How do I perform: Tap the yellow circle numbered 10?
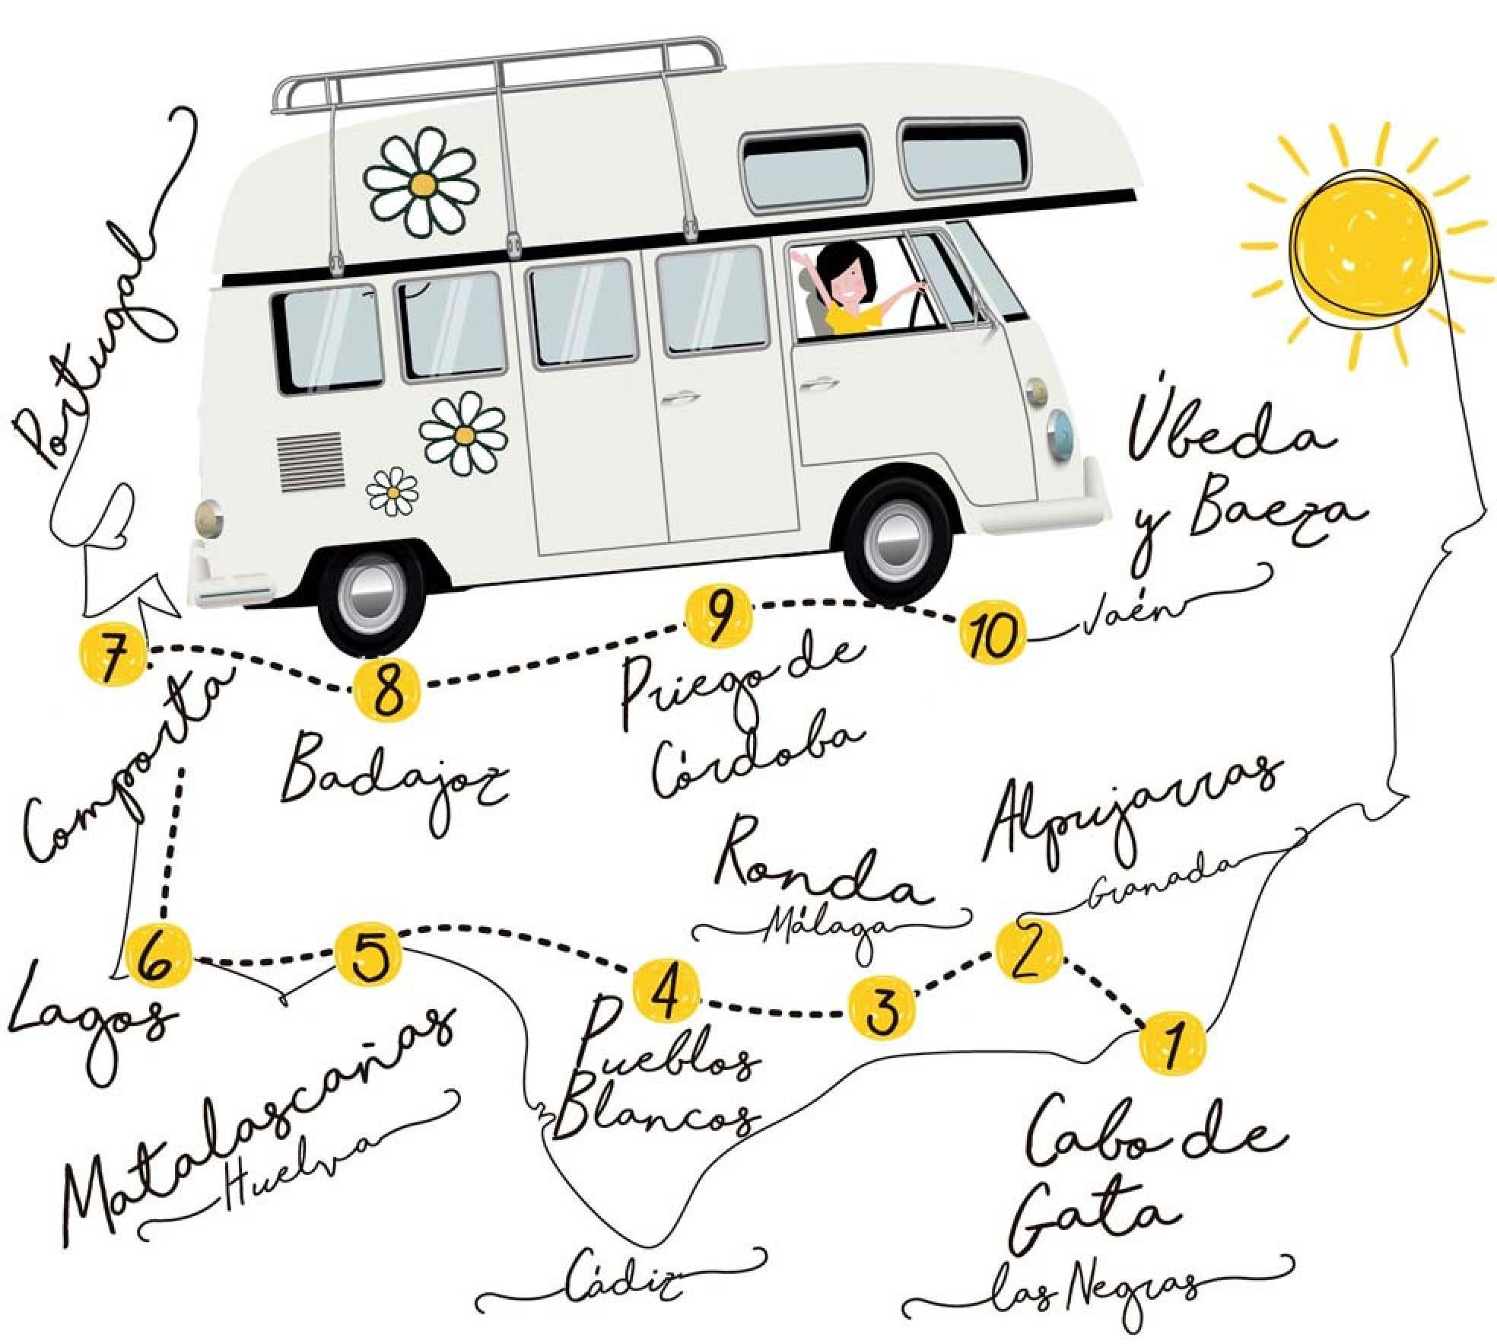pos(990,633)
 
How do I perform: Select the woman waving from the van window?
pos(852,289)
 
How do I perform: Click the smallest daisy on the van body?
pos(392,492)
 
